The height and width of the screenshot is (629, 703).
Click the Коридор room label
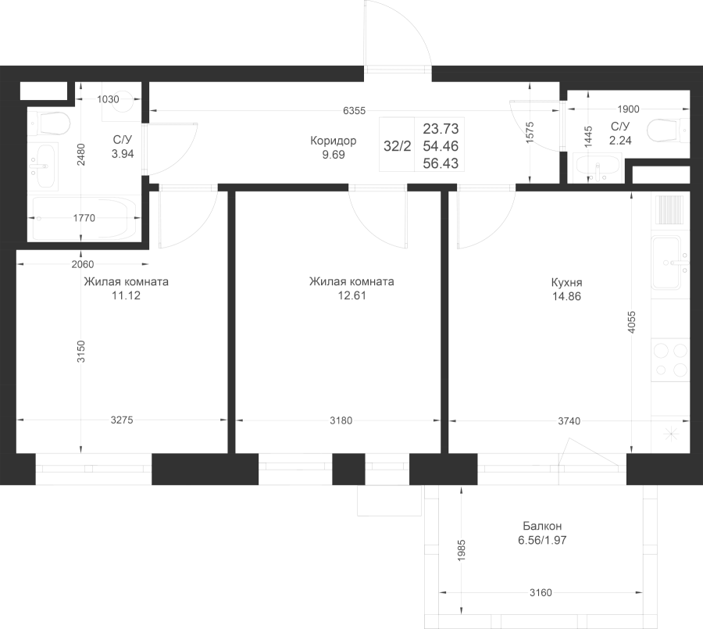click(x=333, y=141)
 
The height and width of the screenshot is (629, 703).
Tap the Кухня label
click(x=567, y=283)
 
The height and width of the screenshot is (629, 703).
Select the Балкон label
click(x=542, y=526)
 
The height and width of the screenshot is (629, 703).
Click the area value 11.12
click(x=126, y=295)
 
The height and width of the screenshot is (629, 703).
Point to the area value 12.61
click(x=352, y=295)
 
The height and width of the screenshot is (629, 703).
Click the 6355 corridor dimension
click(x=354, y=110)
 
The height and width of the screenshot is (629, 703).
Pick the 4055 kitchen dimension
click(x=632, y=322)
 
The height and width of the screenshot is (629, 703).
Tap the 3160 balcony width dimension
click(x=541, y=592)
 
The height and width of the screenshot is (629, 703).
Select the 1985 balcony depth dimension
click(x=462, y=550)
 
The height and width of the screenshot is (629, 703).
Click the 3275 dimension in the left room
click(x=122, y=420)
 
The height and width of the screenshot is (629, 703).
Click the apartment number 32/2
click(x=398, y=146)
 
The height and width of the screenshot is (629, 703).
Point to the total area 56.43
click(x=441, y=163)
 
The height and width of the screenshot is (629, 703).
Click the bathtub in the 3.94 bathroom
click(x=84, y=219)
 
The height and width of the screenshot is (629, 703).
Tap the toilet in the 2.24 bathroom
click(x=668, y=131)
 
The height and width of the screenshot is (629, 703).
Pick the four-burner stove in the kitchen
click(x=671, y=359)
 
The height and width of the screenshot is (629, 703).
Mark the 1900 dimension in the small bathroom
click(x=628, y=109)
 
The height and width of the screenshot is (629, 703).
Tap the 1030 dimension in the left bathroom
click(x=108, y=99)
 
